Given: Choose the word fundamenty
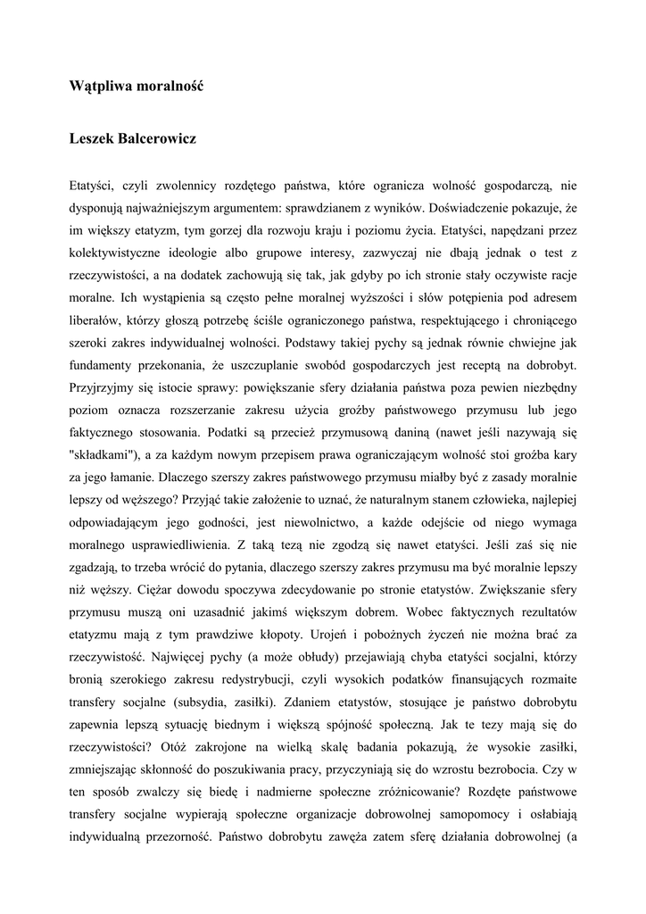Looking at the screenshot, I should pos(102,364).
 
